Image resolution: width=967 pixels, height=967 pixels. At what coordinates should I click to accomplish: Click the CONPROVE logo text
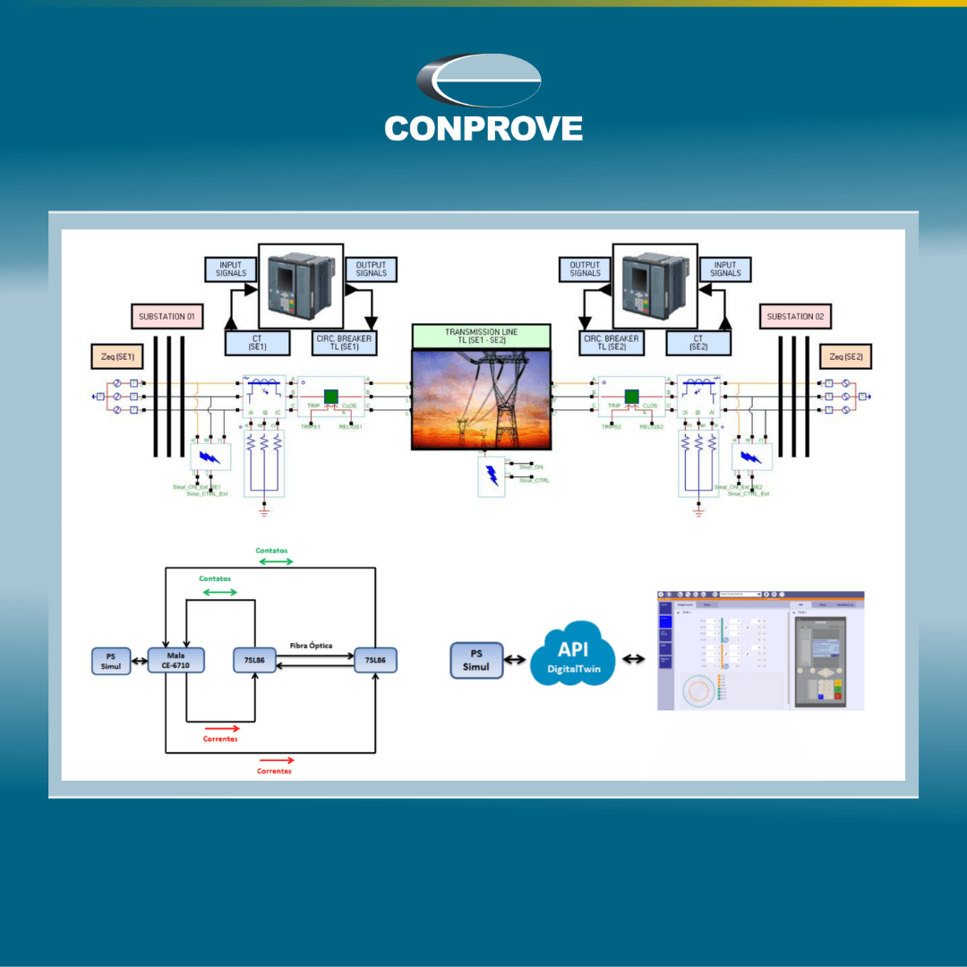pos(483,128)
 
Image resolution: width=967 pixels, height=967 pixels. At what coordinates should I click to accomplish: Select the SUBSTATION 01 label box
pos(166,316)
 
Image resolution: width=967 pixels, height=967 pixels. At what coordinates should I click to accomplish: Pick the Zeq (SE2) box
pos(849,356)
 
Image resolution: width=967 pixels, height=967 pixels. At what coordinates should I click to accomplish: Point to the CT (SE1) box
pos(256,342)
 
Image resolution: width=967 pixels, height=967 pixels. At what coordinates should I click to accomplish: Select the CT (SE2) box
pos(697,342)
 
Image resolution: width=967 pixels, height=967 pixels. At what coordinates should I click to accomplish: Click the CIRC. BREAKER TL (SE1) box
pos(343,342)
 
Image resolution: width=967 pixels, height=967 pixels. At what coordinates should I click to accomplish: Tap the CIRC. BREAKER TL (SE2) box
pos(611,342)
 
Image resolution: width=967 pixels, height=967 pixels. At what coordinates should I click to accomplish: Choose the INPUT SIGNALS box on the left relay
pos(231,270)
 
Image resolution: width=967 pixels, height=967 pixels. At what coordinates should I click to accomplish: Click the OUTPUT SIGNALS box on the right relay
pos(585,270)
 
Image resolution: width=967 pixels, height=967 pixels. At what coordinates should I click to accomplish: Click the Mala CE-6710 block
pos(176,661)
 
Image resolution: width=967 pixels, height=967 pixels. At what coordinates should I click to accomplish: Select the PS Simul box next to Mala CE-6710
pos(110,661)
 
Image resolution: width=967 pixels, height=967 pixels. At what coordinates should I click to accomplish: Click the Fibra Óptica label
pos(312,645)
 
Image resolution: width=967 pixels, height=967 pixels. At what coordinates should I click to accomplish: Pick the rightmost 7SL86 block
pos(375,661)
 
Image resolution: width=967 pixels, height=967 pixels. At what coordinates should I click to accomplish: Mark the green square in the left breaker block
pos(330,397)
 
